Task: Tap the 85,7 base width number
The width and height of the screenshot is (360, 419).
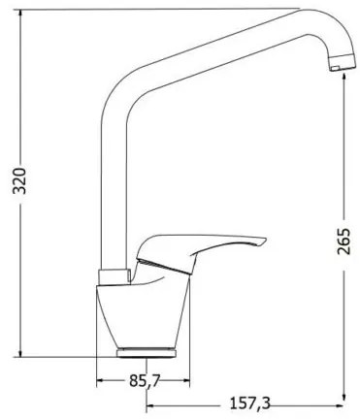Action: (x=144, y=380)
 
